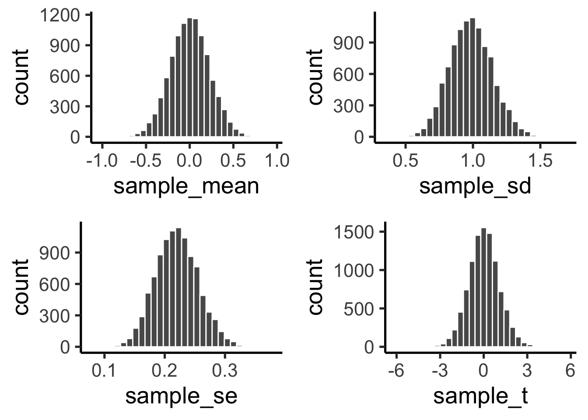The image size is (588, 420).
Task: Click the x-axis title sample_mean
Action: [186, 186]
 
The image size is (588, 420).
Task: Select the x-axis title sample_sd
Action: [475, 186]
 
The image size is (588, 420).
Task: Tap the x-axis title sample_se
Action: [181, 396]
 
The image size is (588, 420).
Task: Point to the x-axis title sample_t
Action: [481, 396]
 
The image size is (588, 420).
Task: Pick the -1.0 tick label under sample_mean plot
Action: [102, 161]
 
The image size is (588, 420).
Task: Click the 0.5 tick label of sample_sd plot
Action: [406, 161]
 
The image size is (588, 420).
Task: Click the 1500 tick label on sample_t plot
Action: [354, 231]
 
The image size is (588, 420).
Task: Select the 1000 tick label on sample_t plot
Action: [354, 270]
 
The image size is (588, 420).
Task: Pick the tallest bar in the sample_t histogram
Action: [483, 287]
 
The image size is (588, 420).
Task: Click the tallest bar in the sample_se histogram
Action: [178, 287]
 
